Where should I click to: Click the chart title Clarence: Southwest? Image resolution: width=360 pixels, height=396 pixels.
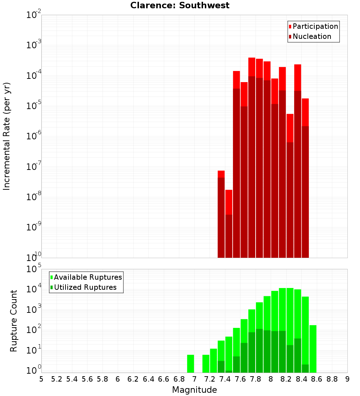pyautogui.click(x=180, y=5)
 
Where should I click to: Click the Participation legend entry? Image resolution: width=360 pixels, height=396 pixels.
pyautogui.click(x=315, y=26)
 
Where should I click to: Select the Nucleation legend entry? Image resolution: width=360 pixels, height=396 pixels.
pyautogui.click(x=311, y=36)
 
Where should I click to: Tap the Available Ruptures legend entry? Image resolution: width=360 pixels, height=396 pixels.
pyautogui.click(x=87, y=277)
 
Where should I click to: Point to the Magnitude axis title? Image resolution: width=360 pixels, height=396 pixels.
pyautogui.click(x=194, y=390)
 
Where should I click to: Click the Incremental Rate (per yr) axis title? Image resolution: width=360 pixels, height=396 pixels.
pyautogui.click(x=7, y=136)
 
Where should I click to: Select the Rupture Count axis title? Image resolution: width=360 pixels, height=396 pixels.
pyautogui.click(x=14, y=321)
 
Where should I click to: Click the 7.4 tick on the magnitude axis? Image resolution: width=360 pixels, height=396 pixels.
pyautogui.click(x=225, y=379)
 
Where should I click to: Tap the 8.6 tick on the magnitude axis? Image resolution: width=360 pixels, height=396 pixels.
pyautogui.click(x=317, y=379)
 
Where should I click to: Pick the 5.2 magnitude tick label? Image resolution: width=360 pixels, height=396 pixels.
pyautogui.click(x=57, y=379)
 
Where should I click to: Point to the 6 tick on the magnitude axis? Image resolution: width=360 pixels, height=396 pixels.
pyautogui.click(x=118, y=379)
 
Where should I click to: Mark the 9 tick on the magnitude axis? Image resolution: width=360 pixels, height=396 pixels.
pyautogui.click(x=347, y=379)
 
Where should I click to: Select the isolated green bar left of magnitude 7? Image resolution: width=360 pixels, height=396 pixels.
pyautogui.click(x=190, y=364)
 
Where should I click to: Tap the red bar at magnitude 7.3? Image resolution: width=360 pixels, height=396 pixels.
pyautogui.click(x=221, y=216)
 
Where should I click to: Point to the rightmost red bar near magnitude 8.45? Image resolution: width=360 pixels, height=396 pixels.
pyautogui.click(x=305, y=180)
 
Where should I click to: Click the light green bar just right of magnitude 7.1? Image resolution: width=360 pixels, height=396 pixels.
pyautogui.click(x=206, y=364)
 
